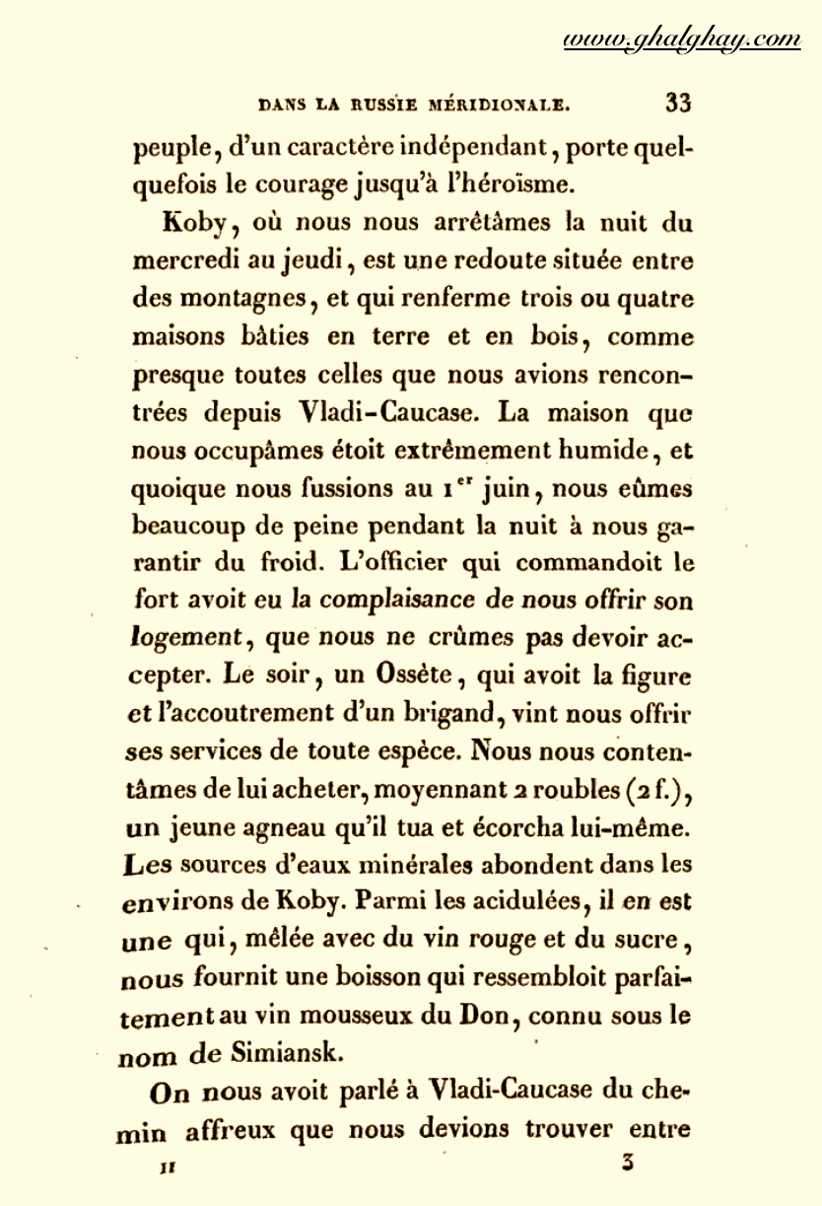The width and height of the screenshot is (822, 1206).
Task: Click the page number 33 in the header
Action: point(679,103)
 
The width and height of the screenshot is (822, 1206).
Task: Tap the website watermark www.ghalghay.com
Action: point(681,39)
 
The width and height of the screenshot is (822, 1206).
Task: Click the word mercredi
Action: point(181,261)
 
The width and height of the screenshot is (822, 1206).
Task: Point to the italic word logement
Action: point(187,639)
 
